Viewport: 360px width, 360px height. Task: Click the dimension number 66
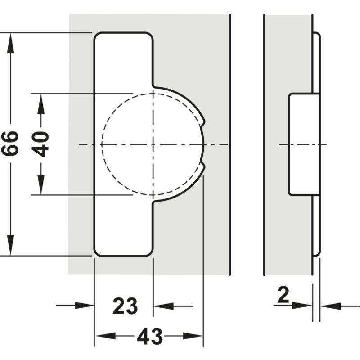(x=10, y=144)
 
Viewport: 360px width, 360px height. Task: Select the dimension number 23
(x=125, y=306)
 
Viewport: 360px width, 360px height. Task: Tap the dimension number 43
(x=149, y=336)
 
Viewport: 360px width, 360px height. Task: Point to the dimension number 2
(x=283, y=296)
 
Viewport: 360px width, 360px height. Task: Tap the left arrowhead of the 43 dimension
(x=103, y=336)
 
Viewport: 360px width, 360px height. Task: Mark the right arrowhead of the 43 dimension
(x=195, y=336)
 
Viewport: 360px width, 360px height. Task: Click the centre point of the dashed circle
(x=153, y=144)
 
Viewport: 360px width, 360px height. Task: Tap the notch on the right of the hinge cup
(x=204, y=144)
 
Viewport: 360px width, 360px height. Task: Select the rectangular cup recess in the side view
(x=303, y=144)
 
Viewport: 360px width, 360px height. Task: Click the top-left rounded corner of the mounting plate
(x=98, y=36)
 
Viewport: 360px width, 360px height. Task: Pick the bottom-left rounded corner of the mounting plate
(x=98, y=252)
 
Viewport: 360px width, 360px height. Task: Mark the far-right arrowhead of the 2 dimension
(x=329, y=306)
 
